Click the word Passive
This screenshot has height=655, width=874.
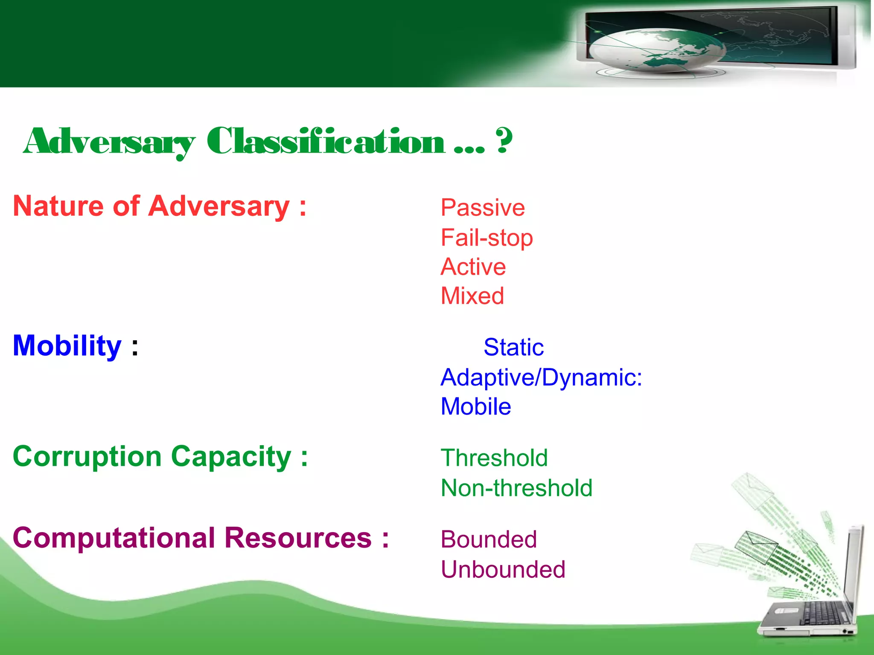tap(483, 208)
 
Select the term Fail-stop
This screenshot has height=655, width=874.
tap(487, 238)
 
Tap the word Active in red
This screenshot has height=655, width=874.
tap(473, 267)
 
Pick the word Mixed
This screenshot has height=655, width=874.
tap(472, 296)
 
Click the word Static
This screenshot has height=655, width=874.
tap(513, 347)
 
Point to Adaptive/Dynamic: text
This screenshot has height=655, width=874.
tap(541, 377)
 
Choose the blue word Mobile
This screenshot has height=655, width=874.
tap(476, 406)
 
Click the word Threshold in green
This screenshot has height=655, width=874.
tap(494, 458)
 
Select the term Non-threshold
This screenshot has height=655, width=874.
tap(516, 488)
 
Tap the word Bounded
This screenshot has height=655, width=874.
tap(489, 539)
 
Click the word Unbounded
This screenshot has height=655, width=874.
tap(503, 569)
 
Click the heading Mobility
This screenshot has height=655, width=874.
tap(67, 345)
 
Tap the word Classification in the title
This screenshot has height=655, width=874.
tap(326, 142)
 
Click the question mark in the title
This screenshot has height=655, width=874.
tap(504, 141)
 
